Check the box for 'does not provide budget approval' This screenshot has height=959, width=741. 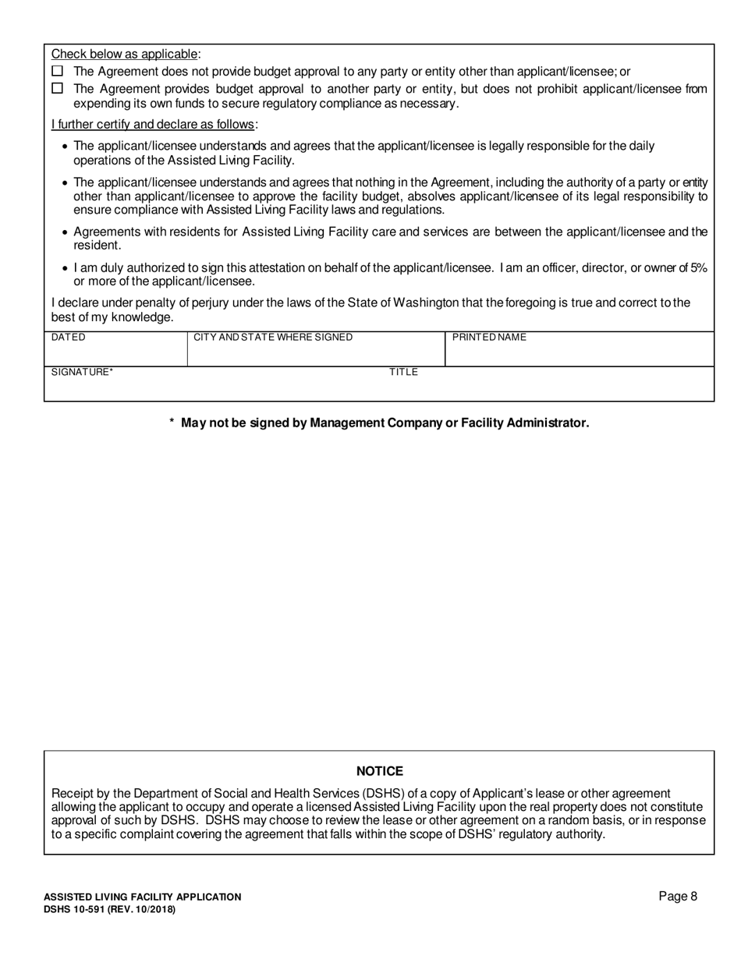click(57, 71)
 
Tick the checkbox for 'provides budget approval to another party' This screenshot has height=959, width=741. click(57, 89)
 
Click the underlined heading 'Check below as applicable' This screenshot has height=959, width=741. click(125, 54)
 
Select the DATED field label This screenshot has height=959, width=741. click(69, 338)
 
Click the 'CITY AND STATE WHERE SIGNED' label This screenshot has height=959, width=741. click(273, 338)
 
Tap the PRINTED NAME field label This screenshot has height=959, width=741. click(489, 338)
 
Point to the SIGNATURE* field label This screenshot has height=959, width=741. click(83, 372)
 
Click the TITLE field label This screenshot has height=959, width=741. click(404, 372)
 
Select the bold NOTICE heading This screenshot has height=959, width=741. click(380, 771)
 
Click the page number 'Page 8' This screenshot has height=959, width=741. click(678, 896)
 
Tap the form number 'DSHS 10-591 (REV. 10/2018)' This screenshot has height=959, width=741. click(109, 909)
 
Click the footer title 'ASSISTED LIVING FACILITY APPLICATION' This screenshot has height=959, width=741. click(142, 897)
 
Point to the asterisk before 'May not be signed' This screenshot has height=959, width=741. click(172, 423)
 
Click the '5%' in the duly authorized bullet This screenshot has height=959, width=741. click(699, 267)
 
